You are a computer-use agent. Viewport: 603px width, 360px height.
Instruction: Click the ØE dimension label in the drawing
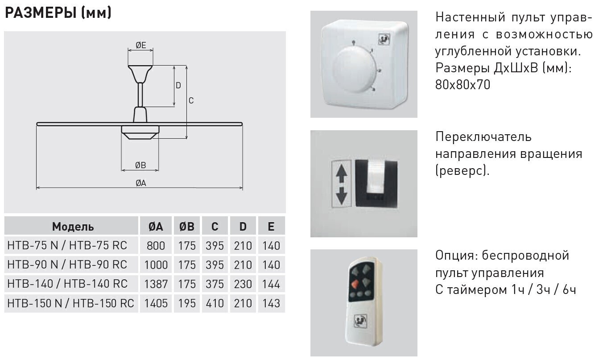[x=141, y=45]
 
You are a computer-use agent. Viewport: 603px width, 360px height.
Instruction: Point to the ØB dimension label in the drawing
[x=140, y=165]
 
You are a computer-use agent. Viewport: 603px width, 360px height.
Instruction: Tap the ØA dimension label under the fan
[x=141, y=183]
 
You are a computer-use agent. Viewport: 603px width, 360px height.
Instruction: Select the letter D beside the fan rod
[x=178, y=85]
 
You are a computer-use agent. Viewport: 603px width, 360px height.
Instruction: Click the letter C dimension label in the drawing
[x=191, y=100]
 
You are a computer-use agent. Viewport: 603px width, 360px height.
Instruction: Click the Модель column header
[x=73, y=227]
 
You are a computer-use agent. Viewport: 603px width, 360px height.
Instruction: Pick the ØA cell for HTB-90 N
[x=156, y=265]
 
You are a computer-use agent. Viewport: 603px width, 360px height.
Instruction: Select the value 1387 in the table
[x=156, y=284]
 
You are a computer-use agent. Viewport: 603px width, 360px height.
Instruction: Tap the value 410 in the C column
[x=215, y=303]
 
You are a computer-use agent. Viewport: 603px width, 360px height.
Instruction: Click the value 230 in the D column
[x=243, y=284]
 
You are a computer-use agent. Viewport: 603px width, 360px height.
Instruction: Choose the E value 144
[x=271, y=284]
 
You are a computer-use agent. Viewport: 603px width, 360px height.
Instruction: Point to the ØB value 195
[x=187, y=303]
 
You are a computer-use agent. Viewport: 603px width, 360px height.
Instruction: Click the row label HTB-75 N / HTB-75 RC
[x=67, y=245]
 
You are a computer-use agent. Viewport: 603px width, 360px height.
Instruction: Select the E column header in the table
[x=271, y=227]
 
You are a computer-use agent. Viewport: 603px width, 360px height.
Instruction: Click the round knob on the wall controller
[x=355, y=69]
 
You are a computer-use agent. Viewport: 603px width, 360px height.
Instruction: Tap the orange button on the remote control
[x=355, y=284]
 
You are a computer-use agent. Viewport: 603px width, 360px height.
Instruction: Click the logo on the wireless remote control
[x=360, y=321]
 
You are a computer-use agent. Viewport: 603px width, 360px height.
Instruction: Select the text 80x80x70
[x=463, y=85]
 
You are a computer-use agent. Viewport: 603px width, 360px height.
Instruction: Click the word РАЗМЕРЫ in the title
[x=41, y=13]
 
